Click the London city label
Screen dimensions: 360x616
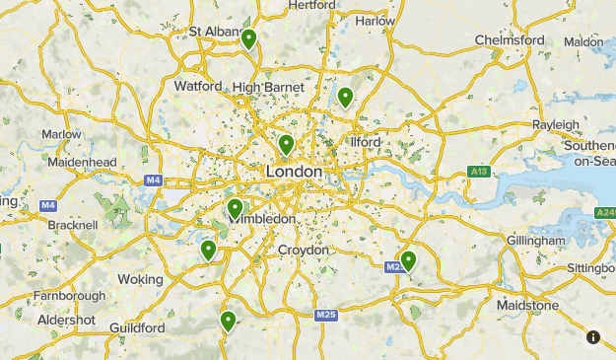(x=294, y=172)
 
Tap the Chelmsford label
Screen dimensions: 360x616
(x=511, y=39)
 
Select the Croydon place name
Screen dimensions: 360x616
(x=303, y=251)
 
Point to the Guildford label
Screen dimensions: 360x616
(x=136, y=327)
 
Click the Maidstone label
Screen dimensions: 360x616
(x=526, y=306)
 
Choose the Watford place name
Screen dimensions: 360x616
(x=198, y=86)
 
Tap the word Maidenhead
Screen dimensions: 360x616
(x=83, y=162)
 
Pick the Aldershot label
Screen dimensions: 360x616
(x=66, y=321)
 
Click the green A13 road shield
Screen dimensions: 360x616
(x=479, y=173)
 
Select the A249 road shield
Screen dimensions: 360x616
(x=605, y=213)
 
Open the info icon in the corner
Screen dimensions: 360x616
(x=593, y=337)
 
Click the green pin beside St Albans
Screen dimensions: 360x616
(x=249, y=39)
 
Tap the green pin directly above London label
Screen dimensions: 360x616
(x=286, y=145)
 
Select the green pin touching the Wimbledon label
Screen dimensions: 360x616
(x=235, y=208)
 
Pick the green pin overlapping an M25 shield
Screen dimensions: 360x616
(x=407, y=260)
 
